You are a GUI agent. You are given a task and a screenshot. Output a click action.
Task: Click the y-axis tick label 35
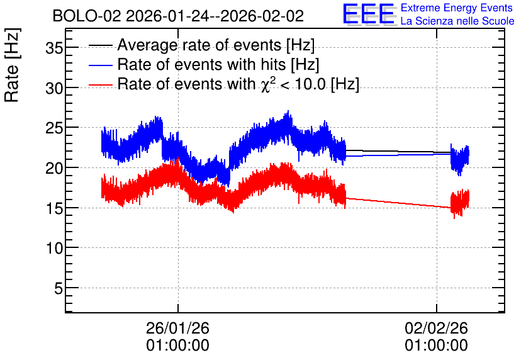[54, 48]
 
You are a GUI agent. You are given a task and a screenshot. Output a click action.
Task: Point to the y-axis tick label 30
[54, 89]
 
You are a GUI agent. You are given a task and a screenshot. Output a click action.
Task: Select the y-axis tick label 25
[54, 128]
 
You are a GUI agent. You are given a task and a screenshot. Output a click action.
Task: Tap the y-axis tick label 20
[54, 168]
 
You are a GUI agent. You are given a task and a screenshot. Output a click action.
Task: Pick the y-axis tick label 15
[54, 208]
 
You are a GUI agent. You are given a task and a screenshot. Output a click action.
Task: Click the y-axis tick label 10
[54, 248]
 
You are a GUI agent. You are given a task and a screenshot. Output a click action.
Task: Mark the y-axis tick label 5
[59, 288]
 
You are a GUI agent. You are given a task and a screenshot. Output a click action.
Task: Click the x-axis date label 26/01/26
[177, 328]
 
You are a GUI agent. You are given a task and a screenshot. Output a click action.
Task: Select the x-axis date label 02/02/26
[436, 328]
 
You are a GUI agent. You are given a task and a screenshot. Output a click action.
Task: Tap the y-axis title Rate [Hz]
[12, 65]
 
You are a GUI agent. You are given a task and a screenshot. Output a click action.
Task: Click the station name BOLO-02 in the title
[87, 16]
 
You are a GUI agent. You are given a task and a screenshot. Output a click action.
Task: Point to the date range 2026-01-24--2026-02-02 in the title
[215, 16]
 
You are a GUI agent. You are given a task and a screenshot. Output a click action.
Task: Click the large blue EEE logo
[368, 14]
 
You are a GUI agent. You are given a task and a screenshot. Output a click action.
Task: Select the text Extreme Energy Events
[457, 8]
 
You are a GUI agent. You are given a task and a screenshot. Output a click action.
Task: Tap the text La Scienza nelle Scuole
[457, 21]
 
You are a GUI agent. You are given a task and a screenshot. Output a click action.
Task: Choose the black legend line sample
[100, 45]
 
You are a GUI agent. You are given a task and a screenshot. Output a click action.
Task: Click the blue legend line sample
[100, 65]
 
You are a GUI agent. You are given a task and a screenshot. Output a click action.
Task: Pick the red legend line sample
[100, 85]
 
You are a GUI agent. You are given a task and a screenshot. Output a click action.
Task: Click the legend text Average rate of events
[199, 45]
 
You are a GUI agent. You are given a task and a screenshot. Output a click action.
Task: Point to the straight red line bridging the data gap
[398, 203]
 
